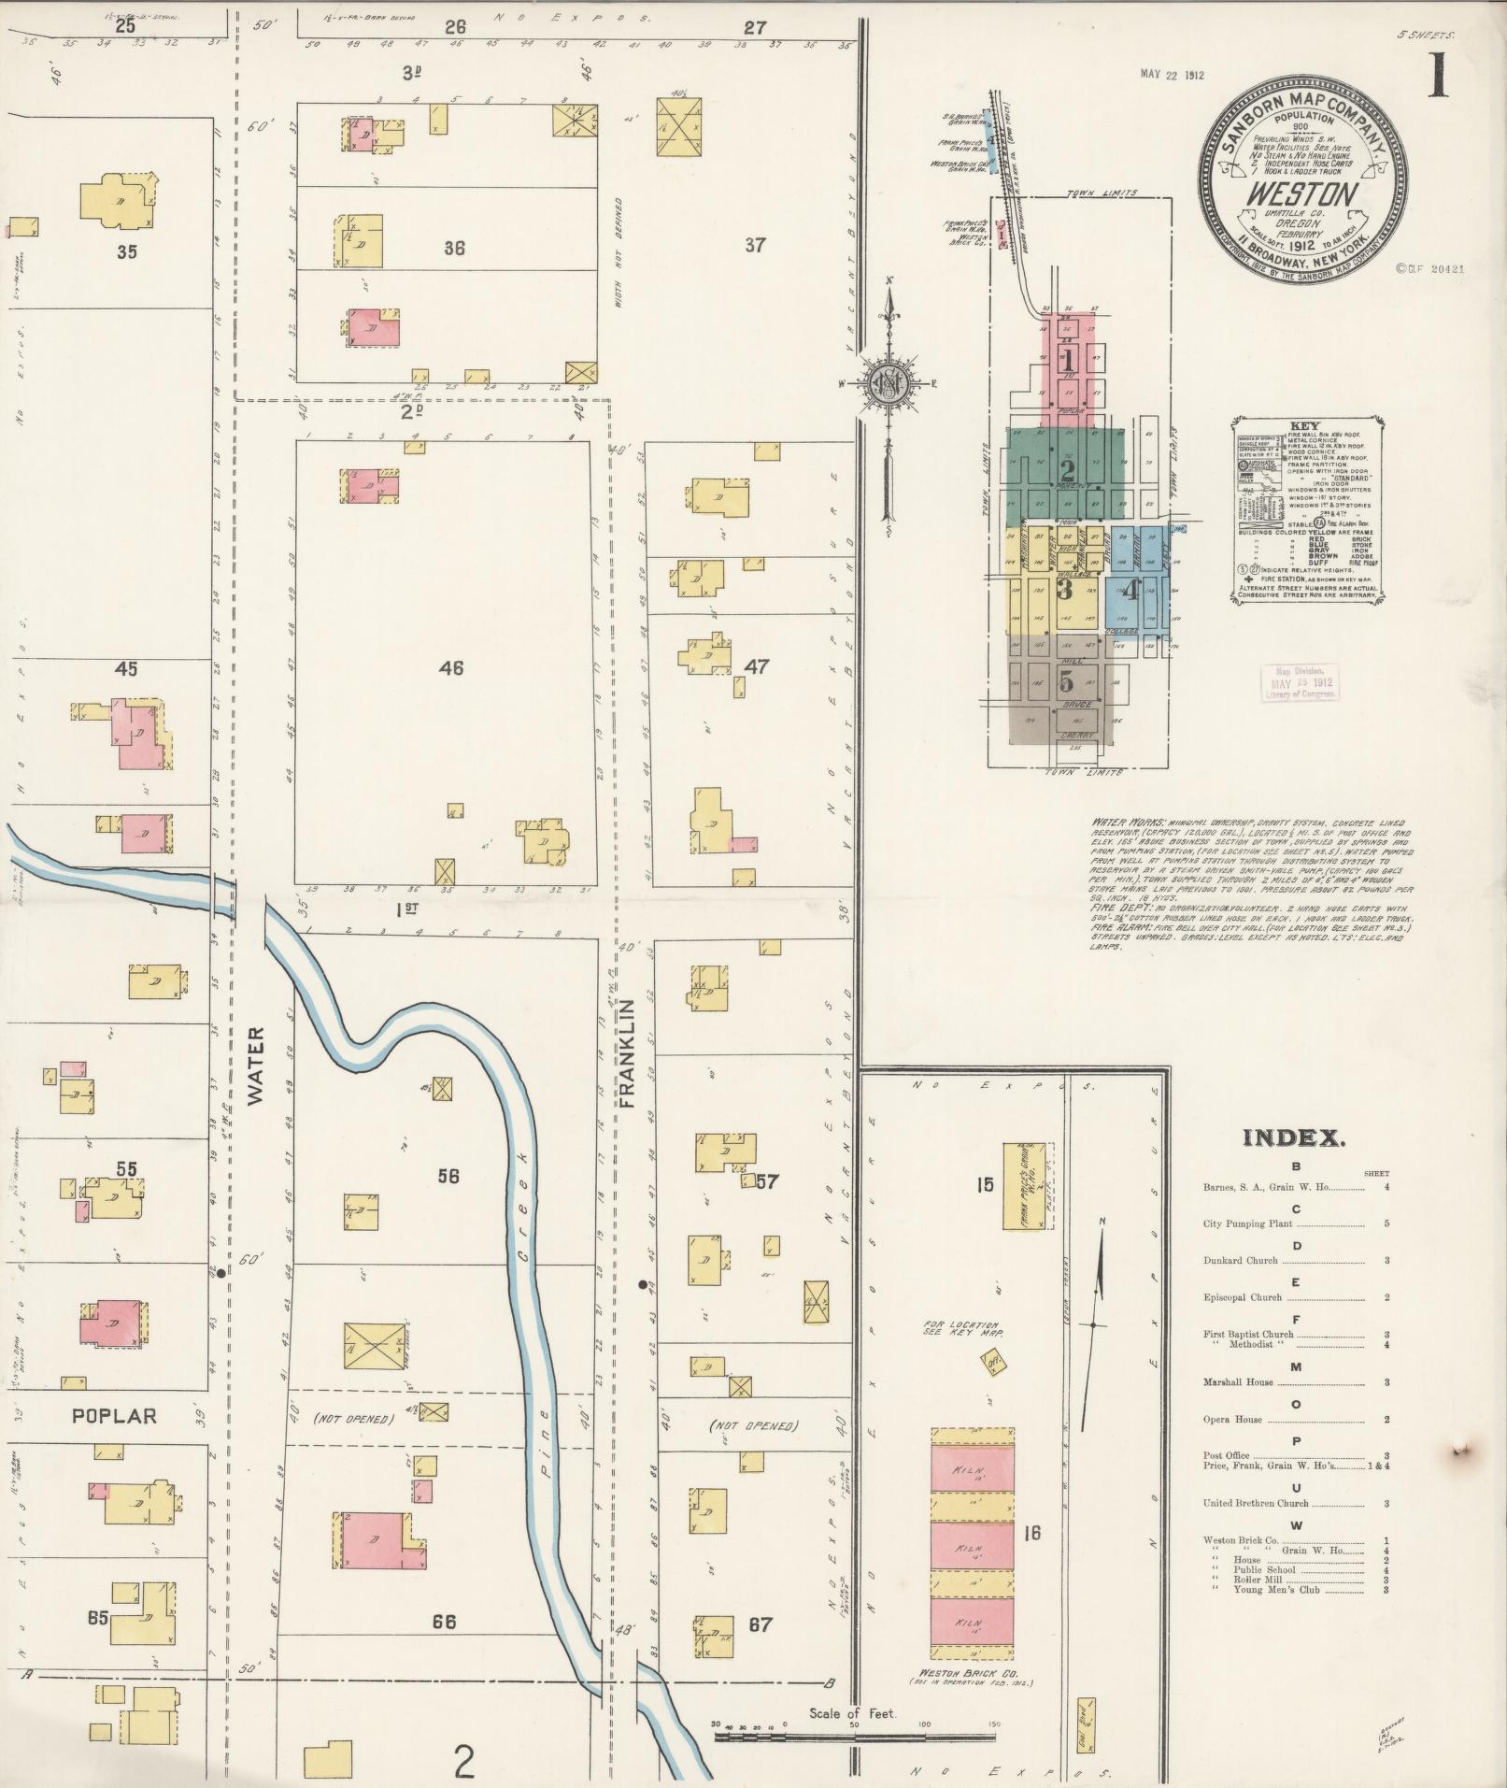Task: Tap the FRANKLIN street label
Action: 627,1053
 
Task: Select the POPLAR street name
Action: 115,1416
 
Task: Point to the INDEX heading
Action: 1294,1137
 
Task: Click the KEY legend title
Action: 1304,425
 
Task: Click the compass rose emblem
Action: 887,384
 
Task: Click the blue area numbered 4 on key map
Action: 1131,591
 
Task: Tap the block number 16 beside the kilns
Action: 1032,1533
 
